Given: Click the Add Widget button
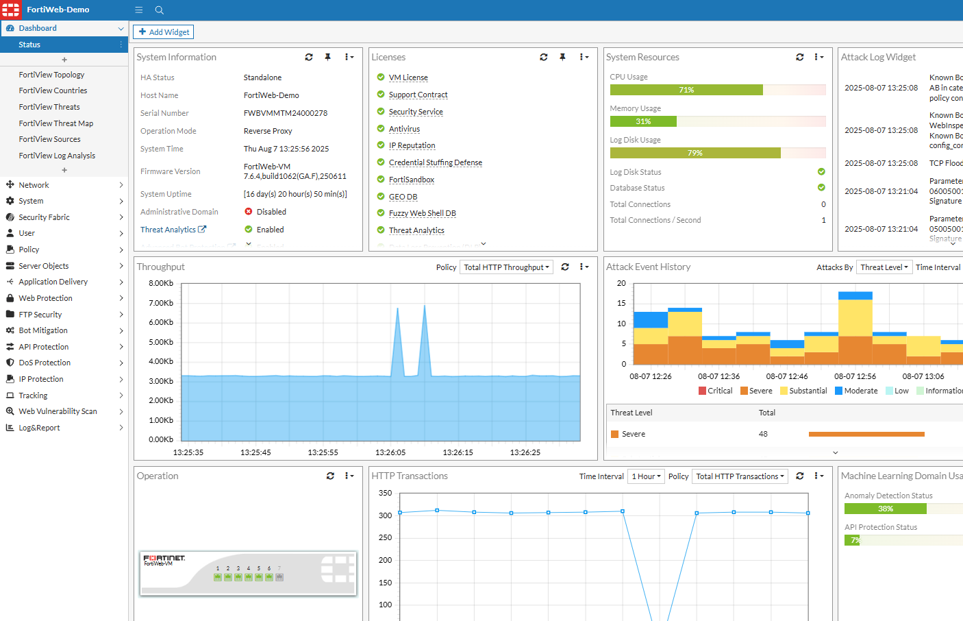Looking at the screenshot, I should pos(163,32).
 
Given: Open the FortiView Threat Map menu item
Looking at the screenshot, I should pos(55,123).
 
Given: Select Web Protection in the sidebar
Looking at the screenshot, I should pos(45,298).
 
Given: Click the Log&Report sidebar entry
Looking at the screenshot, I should pos(39,428).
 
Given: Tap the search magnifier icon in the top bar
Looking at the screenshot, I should pos(160,10).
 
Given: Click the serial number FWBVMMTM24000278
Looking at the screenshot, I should pos(286,113).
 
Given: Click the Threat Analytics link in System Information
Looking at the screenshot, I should pos(168,230).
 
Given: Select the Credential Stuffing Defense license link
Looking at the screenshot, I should pos(436,162).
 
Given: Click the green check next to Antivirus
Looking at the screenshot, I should pos(381,128).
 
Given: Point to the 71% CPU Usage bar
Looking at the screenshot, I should pos(686,90).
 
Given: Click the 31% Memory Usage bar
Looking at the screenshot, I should pos(643,121).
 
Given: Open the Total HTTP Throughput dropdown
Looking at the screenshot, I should pos(506,267).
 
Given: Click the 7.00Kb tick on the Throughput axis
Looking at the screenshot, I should pos(161,303).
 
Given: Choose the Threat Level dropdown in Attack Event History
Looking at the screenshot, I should pos(884,267).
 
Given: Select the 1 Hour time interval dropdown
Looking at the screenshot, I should pos(646,476).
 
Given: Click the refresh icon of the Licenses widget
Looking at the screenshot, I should pos(544,58).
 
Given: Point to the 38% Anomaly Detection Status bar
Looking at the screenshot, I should pos(885,509).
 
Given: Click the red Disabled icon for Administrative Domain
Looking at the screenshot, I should pos(249,212).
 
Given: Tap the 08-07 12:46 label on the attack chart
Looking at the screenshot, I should pos(787,376).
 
